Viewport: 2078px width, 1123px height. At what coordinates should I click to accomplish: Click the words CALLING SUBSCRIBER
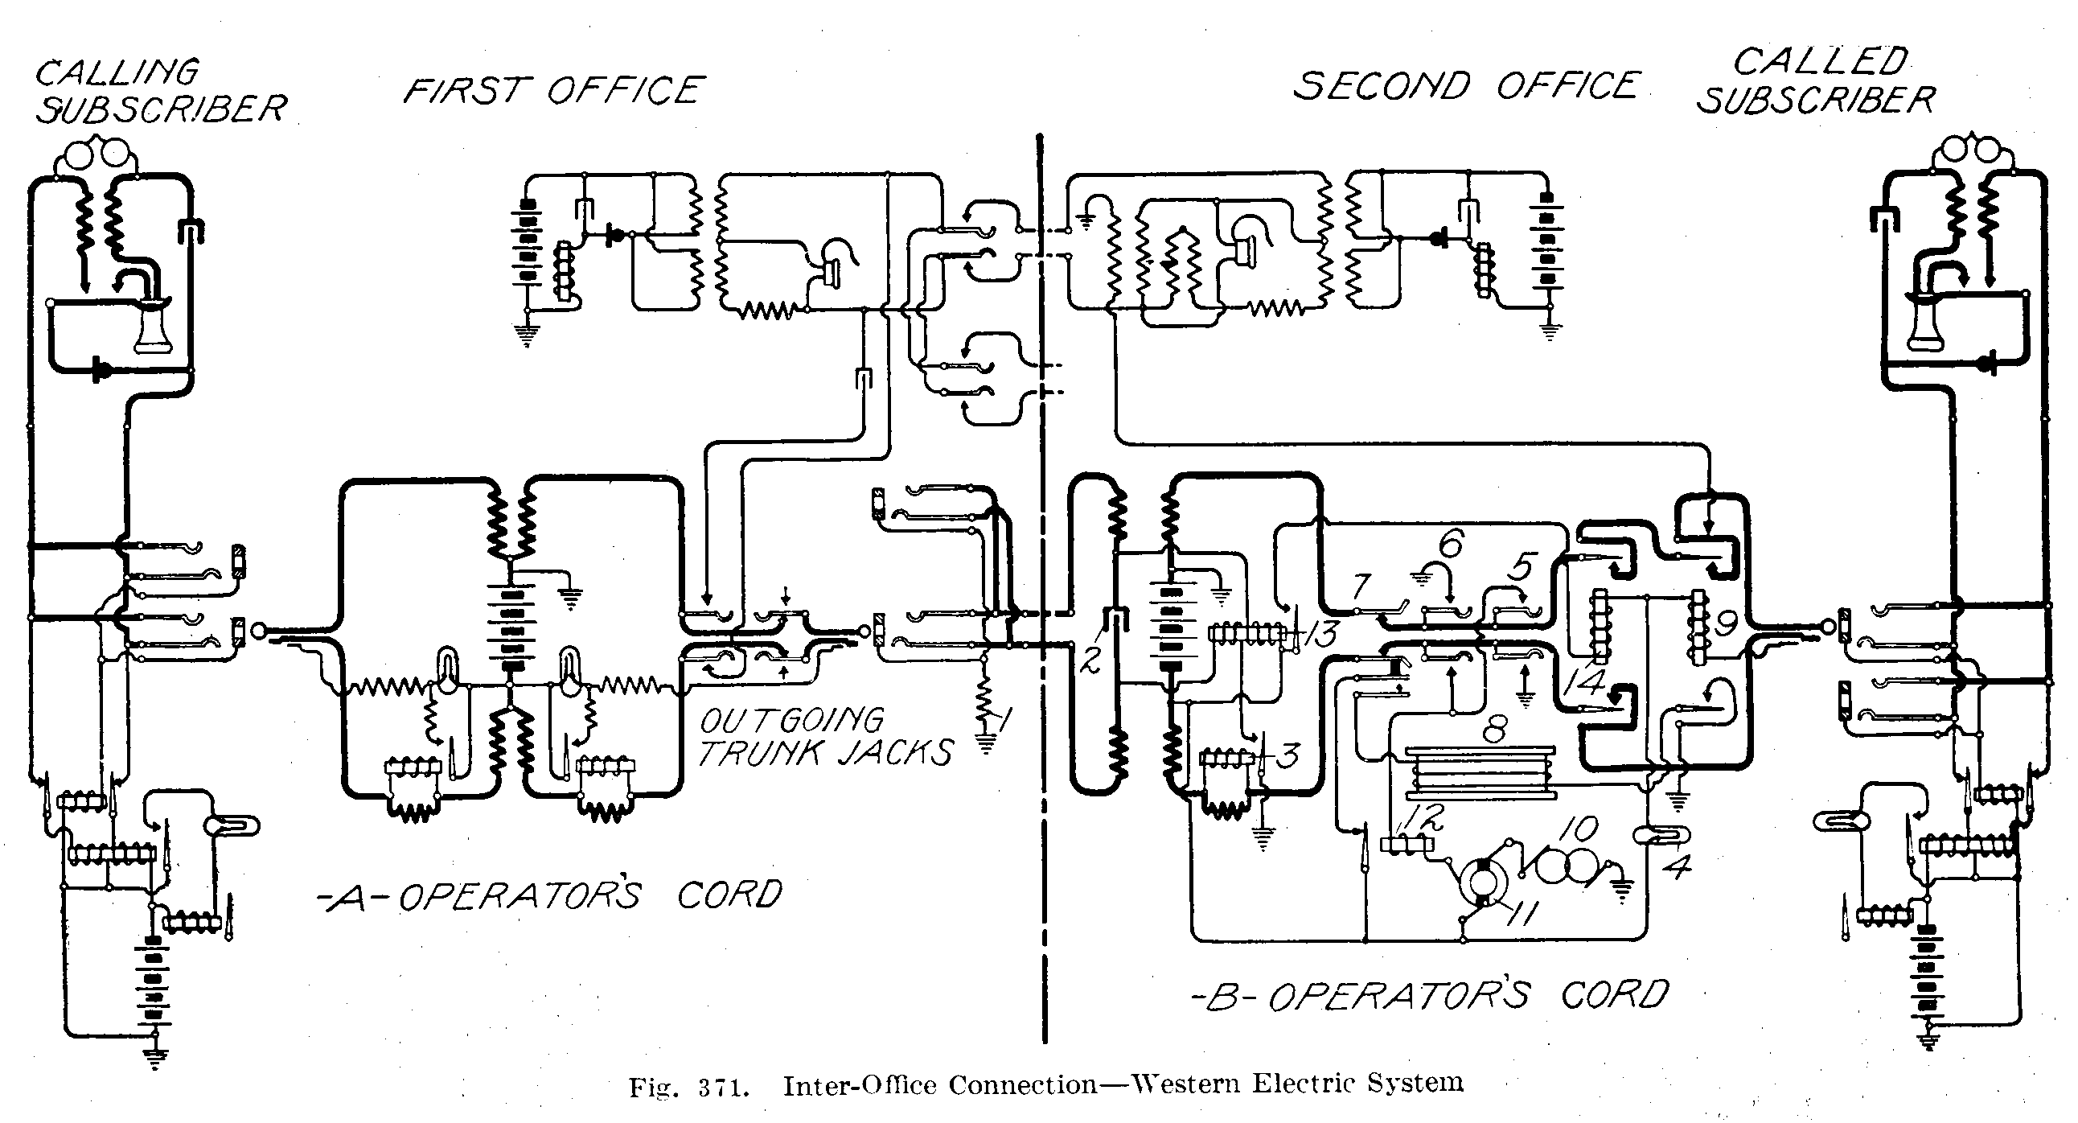pos(160,90)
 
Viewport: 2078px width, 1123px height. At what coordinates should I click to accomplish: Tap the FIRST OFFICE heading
pos(554,90)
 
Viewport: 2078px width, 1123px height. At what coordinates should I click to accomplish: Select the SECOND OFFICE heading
pos(1467,85)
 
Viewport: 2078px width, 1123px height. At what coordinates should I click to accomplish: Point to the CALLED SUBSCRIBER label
pos(1817,80)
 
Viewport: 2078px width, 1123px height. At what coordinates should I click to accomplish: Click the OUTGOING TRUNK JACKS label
pos(824,737)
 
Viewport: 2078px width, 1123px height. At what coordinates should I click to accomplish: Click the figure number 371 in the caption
pos(715,1088)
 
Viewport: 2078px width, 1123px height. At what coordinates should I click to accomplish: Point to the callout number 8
pos(1494,731)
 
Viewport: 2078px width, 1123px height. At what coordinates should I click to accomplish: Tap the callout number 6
pos(1450,545)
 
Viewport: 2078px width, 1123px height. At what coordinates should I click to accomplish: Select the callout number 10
pos(1578,829)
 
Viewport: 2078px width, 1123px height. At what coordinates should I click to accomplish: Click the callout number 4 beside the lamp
pos(1678,866)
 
